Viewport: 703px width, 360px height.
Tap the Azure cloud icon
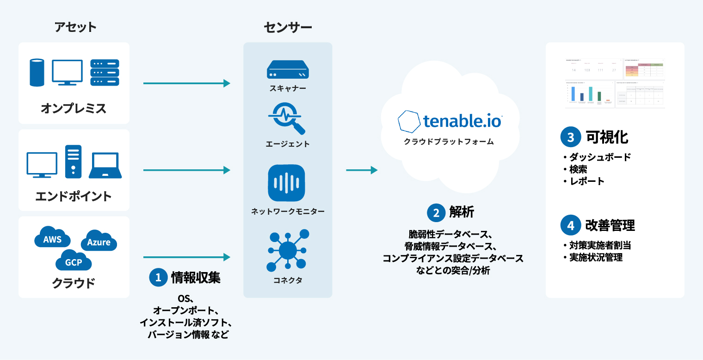(99, 241)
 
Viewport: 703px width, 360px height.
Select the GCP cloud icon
(73, 261)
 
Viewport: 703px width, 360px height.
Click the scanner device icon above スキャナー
(288, 70)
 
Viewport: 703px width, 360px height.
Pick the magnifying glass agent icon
(288, 118)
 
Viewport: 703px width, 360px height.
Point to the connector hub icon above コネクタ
(288, 250)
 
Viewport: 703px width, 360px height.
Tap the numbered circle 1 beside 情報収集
(158, 277)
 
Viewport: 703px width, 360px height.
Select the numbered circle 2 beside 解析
(436, 212)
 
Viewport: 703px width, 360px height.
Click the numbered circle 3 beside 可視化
(570, 137)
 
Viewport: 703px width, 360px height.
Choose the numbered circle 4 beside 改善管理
(570, 225)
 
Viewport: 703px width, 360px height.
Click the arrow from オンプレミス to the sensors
(187, 83)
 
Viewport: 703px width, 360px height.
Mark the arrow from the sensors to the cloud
(362, 170)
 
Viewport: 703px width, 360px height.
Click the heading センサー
(288, 27)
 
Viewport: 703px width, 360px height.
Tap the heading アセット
(75, 27)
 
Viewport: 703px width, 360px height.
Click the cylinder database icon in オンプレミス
(37, 73)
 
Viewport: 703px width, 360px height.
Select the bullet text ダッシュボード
(600, 157)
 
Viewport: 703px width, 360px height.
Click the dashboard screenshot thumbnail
(615, 83)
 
